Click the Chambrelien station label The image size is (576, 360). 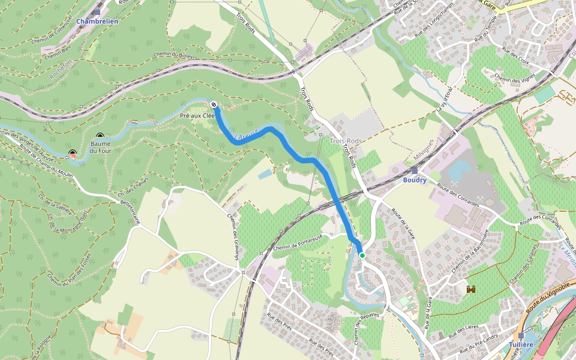[97, 20]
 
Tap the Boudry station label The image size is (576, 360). [415, 180]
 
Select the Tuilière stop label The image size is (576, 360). [521, 344]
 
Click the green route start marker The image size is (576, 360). [362, 256]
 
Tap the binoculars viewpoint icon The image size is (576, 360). [471, 289]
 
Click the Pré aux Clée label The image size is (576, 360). [197, 115]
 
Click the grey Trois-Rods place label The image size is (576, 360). [346, 141]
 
